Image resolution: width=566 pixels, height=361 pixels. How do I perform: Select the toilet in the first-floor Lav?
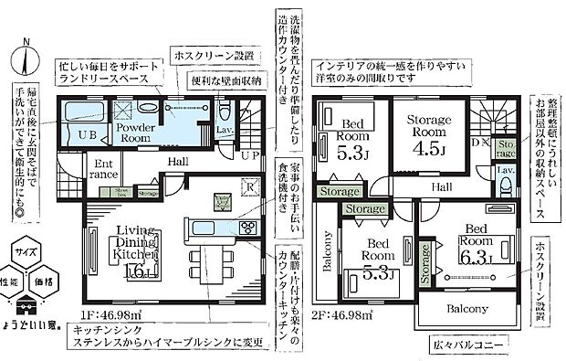(226, 113)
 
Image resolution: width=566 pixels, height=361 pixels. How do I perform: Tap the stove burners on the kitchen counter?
(247, 227)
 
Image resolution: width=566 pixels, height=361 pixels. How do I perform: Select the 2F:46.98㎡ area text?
(342, 315)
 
